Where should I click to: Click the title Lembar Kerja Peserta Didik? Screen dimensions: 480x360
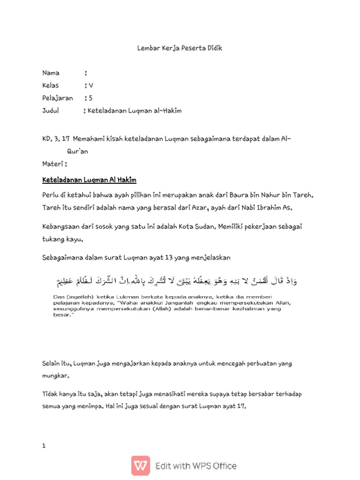pos(180,48)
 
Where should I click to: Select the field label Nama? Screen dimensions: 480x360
pos(51,73)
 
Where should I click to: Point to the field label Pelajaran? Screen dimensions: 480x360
pos(57,98)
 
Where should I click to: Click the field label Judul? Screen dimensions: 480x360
pos(51,111)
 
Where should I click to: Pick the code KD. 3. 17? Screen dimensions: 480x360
pos(56,139)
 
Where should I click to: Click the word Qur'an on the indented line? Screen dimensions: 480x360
pos(77,151)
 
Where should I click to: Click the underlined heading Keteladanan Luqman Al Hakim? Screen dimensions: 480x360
pos(89,180)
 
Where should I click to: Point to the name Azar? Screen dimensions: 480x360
pos(199,207)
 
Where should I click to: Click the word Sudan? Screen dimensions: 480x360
pos(200,227)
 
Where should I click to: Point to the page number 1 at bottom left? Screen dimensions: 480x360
pos(44,446)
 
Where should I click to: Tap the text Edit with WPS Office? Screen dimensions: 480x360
pos(196,466)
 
